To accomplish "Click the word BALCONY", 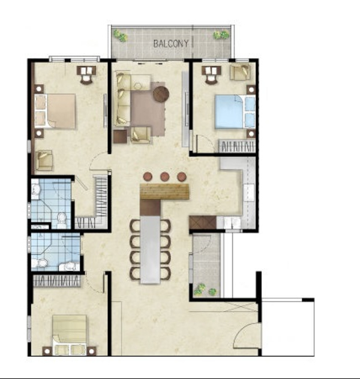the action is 170,44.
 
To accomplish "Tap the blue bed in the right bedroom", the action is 235,112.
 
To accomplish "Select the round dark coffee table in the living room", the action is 161,94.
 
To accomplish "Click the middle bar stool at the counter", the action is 164,177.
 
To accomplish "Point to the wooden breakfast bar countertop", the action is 164,191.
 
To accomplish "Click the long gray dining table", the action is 150,249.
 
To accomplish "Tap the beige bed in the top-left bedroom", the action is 55,111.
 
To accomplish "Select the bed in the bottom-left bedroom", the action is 70,335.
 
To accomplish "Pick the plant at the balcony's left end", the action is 121,35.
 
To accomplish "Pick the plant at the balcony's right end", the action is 221,35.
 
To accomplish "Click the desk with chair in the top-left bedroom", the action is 86,75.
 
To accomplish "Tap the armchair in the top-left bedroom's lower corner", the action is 44,160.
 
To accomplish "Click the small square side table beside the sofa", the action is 120,137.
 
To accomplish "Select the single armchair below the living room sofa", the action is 141,135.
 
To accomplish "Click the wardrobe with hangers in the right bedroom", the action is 236,146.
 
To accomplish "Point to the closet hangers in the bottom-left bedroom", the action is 56,281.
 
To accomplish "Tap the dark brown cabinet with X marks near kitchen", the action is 202,222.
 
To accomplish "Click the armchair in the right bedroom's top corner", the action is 240,72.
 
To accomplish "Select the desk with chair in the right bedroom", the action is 211,74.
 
